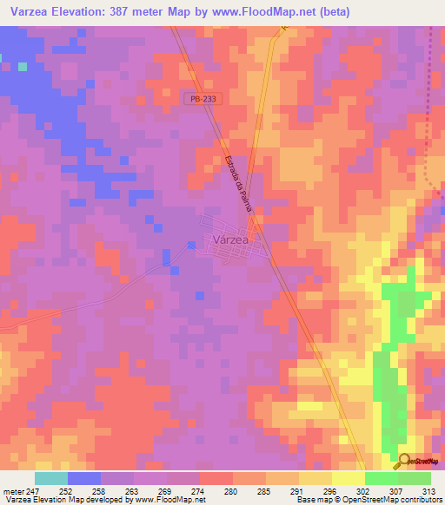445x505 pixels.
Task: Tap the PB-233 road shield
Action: click(200, 99)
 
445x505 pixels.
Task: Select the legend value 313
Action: click(430, 490)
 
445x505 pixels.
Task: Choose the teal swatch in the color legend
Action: click(51, 478)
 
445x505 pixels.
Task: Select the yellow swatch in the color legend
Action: click(348, 478)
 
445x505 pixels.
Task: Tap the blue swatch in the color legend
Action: click(84, 478)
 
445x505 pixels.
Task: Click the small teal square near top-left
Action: click(23, 66)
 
